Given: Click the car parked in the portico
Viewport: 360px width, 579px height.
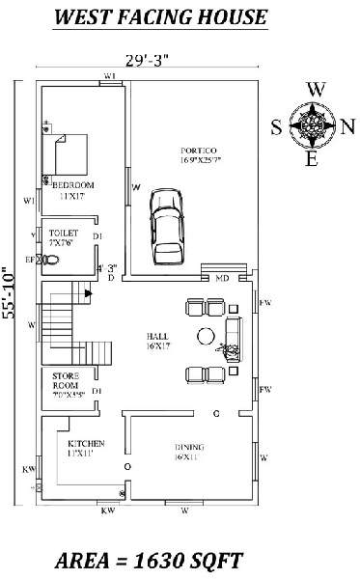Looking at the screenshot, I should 167,225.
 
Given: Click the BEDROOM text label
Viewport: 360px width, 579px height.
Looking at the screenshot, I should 73,184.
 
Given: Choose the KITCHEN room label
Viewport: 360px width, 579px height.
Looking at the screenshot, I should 80,443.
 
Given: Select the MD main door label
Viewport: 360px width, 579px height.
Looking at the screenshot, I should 221,278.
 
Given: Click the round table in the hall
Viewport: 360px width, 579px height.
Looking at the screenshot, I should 207,336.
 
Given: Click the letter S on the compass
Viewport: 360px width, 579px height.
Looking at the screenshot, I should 276,124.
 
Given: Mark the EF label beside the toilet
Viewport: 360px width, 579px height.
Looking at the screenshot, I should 29,260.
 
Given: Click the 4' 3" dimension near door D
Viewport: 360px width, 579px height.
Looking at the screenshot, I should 108,268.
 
